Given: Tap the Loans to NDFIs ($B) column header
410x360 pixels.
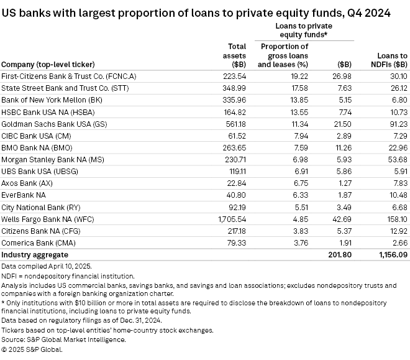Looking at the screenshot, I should pos(392,59).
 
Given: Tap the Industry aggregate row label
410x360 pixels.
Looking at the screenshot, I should pos(34,255).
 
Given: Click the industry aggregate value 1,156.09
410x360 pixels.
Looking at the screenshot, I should pos(392,255).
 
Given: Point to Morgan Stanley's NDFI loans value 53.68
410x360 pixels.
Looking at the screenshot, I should pos(396,160).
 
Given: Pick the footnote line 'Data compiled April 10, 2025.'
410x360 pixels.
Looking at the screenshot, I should pos(50,266).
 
